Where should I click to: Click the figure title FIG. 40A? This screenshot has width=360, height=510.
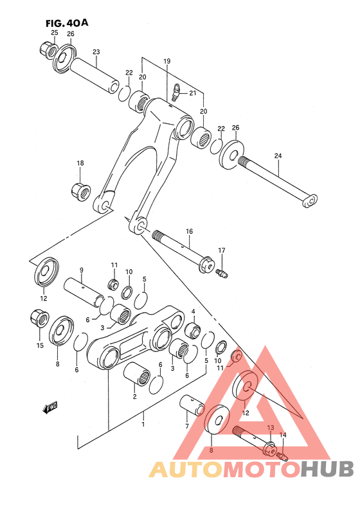(x=66, y=22)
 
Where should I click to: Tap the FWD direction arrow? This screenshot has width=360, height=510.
(x=50, y=406)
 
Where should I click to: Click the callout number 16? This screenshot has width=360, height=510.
(x=189, y=231)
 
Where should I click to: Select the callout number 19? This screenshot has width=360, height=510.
(x=166, y=61)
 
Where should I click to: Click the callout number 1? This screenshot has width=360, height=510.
(x=143, y=423)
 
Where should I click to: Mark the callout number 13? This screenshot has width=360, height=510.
(x=271, y=427)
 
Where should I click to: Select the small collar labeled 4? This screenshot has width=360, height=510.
(x=192, y=331)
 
